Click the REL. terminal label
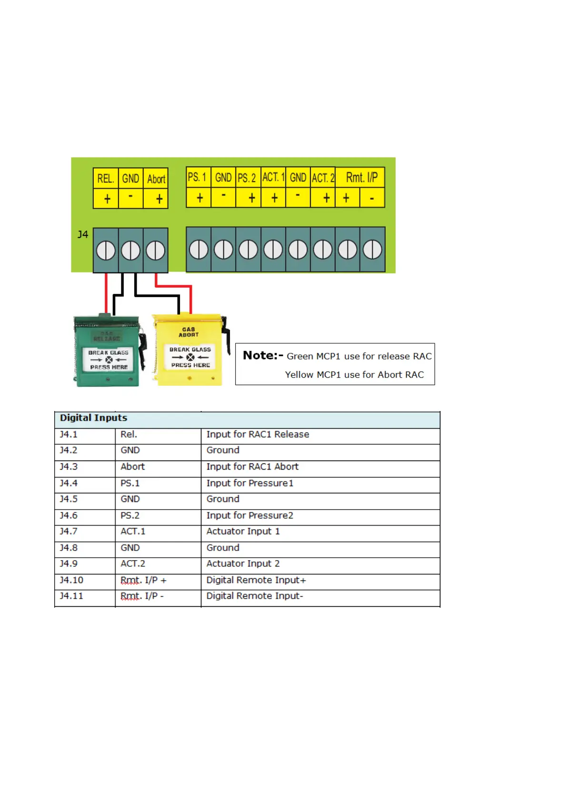(x=105, y=179)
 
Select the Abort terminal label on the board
(x=156, y=179)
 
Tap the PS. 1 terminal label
(x=197, y=177)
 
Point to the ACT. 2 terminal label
(x=323, y=178)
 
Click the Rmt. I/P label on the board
(x=361, y=178)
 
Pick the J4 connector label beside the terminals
(x=83, y=234)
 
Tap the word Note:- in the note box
(x=263, y=355)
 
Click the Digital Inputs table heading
(x=93, y=418)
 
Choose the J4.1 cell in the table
(x=69, y=434)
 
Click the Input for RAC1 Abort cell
(x=252, y=467)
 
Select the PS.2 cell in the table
(x=130, y=515)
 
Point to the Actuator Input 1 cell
(x=243, y=531)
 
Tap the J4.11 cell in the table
(x=71, y=596)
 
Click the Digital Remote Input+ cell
(x=256, y=580)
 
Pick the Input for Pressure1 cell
(x=250, y=483)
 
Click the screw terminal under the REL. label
(x=106, y=251)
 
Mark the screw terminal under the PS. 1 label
(x=199, y=250)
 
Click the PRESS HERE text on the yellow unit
(x=190, y=365)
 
